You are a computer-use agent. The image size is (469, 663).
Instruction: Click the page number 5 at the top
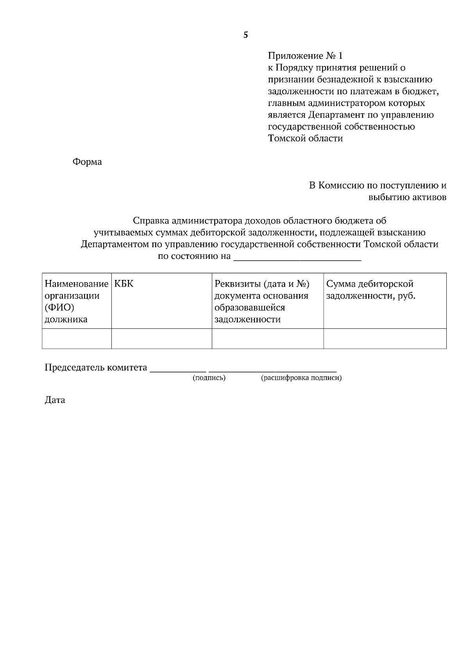click(x=245, y=35)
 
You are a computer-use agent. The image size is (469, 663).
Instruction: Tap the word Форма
click(x=87, y=162)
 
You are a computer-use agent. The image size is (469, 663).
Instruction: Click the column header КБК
click(x=124, y=284)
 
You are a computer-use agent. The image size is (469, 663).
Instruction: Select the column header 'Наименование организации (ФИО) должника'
click(x=76, y=301)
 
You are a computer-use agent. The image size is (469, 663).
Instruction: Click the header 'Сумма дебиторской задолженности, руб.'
click(x=371, y=290)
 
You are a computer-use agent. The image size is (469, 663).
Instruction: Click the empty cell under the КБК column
click(x=161, y=339)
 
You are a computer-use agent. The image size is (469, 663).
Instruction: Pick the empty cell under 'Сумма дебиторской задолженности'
click(x=385, y=339)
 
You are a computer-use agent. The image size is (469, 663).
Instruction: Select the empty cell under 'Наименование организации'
click(x=77, y=339)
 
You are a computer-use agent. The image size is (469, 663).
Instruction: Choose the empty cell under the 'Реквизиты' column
click(x=267, y=339)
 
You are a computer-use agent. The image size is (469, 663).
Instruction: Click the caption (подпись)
click(x=209, y=378)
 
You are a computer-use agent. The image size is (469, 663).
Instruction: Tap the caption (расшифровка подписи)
click(x=301, y=378)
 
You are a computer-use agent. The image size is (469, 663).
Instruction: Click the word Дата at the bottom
click(x=55, y=400)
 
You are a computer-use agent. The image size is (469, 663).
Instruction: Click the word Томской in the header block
click(x=287, y=138)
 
